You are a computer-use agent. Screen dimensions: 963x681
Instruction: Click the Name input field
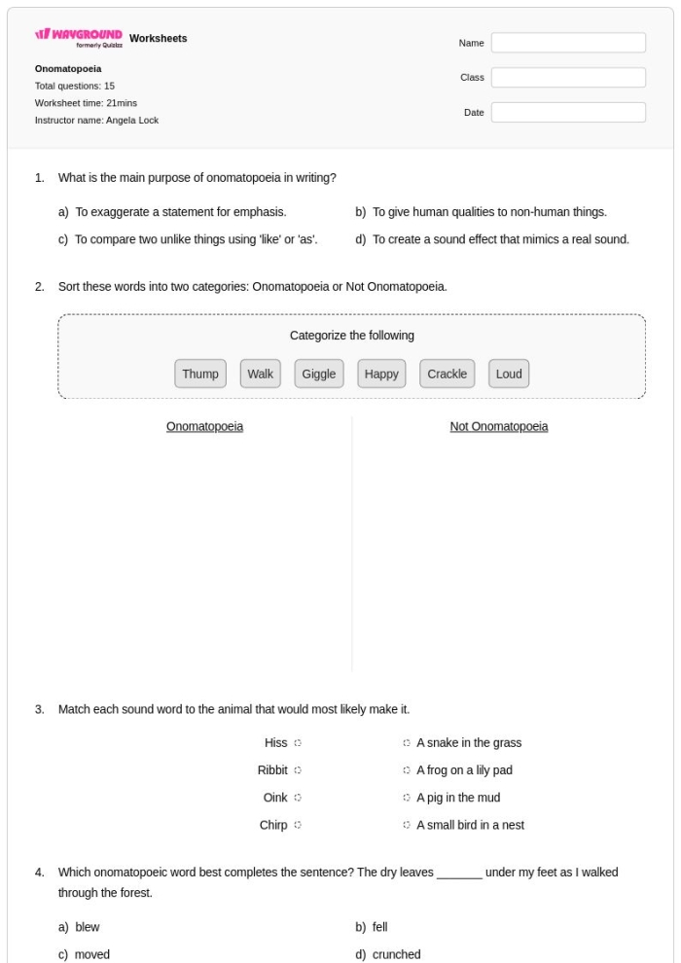568,43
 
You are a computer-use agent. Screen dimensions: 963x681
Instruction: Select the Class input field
568,78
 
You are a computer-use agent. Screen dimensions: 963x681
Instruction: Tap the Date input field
568,113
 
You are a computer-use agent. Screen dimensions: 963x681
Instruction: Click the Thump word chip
200,374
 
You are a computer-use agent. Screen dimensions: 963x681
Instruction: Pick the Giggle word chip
319,374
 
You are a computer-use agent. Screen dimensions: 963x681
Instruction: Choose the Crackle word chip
448,374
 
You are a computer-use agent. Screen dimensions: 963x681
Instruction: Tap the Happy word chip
382,374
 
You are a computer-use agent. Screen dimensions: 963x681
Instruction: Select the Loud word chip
509,374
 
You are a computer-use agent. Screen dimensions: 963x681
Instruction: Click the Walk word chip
261,374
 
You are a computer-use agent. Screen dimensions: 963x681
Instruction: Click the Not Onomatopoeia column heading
498,426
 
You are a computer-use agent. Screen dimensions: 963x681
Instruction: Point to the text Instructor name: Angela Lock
96,121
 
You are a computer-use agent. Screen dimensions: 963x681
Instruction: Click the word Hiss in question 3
275,743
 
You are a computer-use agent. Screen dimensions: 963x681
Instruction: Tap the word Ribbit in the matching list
272,770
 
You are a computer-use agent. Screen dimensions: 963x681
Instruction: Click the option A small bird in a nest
470,825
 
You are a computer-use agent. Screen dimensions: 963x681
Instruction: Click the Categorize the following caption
352,336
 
